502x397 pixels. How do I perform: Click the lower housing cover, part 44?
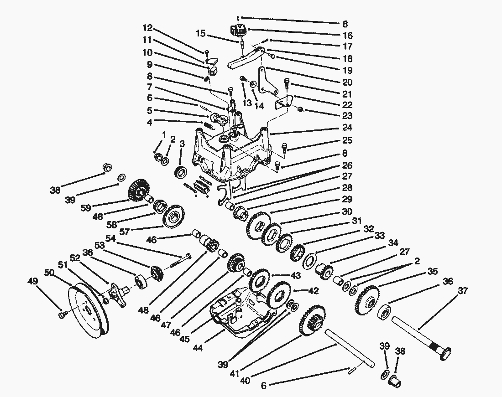(237, 315)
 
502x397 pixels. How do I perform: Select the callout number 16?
(347, 35)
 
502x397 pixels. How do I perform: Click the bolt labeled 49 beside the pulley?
(62, 314)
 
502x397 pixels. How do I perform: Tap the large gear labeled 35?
(366, 301)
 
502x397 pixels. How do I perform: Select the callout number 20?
(347, 82)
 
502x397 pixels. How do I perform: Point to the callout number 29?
(347, 199)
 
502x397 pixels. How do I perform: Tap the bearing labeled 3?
(181, 173)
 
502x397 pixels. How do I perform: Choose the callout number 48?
(144, 310)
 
